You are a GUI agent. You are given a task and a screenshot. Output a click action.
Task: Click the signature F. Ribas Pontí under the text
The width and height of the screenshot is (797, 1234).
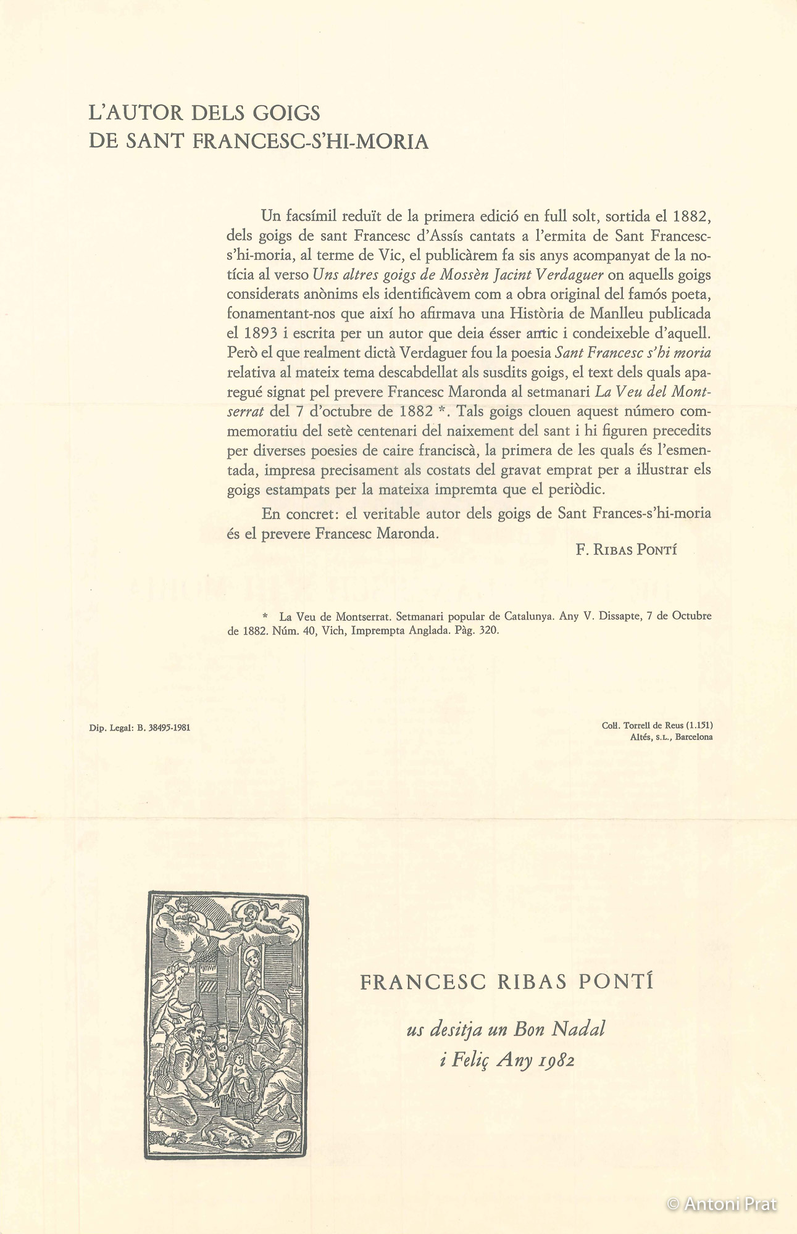[626, 550]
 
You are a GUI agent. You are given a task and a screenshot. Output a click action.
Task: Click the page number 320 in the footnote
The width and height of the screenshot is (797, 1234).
[489, 631]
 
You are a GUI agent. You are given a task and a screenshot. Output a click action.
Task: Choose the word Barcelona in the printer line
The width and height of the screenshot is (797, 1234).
[694, 737]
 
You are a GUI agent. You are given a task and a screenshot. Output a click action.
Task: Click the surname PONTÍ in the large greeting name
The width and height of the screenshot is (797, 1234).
[615, 982]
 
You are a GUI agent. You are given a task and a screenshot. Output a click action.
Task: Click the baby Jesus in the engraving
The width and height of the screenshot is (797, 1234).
[237, 1070]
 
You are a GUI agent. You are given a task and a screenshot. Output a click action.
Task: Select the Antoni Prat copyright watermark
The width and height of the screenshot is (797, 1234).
[722, 1204]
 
